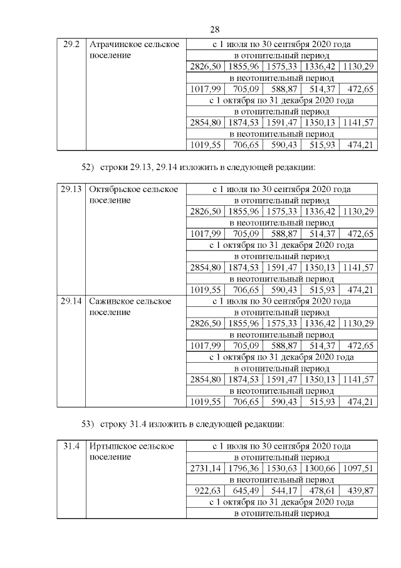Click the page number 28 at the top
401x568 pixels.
214,29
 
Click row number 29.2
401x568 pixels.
71,45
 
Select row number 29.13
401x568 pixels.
71,190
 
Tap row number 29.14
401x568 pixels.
71,301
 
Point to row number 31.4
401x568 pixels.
71,446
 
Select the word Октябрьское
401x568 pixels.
117,190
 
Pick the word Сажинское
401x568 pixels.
113,301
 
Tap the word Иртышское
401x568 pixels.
113,446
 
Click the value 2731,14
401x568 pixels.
205,469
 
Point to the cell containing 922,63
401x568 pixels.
205,491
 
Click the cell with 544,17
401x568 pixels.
281,491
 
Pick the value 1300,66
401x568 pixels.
320,469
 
